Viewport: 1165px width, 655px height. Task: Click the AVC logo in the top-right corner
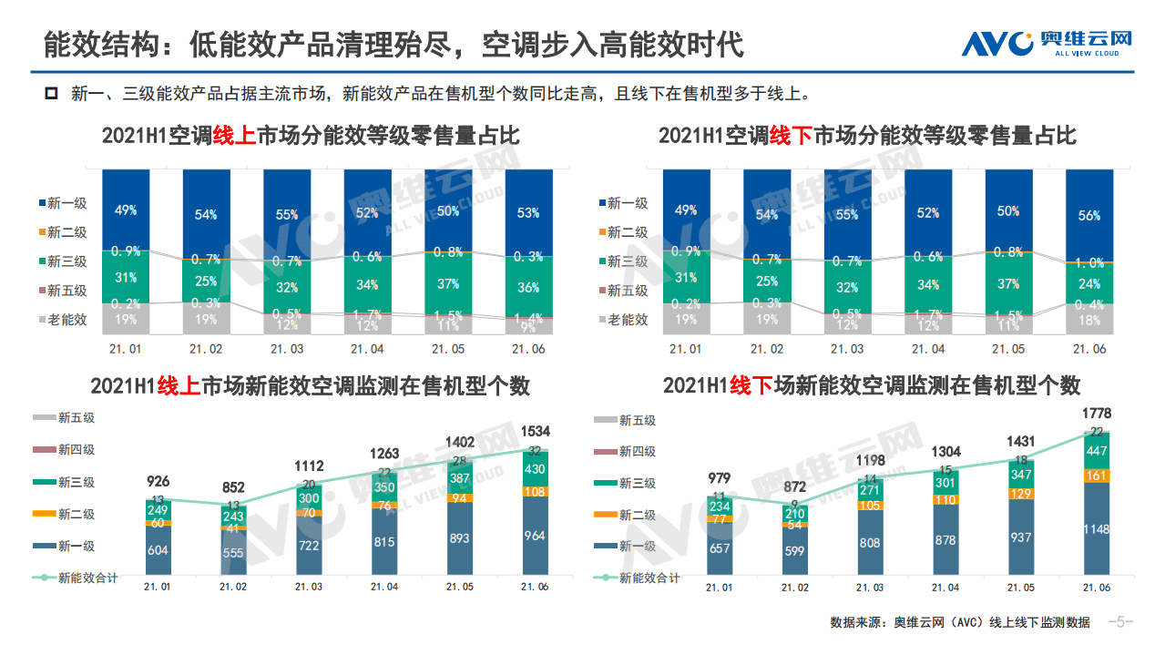pos(1047,42)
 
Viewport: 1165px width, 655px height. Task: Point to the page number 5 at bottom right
pos(1120,622)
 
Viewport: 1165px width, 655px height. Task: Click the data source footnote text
pos(959,622)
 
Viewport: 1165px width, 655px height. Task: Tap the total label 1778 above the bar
pos(1096,413)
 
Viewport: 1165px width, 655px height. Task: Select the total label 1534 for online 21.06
pos(536,431)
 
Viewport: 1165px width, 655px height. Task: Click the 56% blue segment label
pos(1088,216)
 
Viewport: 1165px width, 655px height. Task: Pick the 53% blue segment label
pos(528,213)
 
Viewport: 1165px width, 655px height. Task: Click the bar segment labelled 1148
pos(1096,529)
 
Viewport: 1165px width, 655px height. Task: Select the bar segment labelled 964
pos(535,537)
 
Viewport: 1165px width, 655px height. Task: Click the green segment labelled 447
pos(1096,450)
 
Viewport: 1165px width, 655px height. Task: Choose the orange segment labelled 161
pos(1096,475)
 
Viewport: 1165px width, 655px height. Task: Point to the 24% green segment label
pos(1088,283)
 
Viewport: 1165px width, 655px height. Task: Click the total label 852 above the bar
pos(235,487)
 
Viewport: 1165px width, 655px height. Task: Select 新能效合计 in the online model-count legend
pos(87,577)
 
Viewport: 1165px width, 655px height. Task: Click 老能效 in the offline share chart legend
pos(628,320)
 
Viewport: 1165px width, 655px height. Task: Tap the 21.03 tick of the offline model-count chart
pos(869,588)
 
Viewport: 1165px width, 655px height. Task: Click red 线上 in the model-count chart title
pos(179,385)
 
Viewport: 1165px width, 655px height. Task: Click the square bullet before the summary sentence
pos(52,93)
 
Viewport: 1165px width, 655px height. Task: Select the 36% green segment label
pos(528,288)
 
